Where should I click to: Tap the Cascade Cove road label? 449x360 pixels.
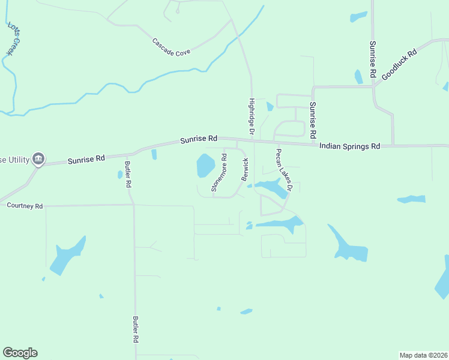click(171, 47)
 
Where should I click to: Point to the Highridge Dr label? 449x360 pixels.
click(252, 116)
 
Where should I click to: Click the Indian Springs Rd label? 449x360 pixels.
click(350, 146)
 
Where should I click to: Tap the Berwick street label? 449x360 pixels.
click(245, 170)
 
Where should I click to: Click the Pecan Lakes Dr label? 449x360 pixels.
click(283, 170)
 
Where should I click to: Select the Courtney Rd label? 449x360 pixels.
click(25, 206)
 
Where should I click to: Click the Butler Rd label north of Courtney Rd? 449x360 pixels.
click(127, 175)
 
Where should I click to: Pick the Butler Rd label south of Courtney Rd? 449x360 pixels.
click(136, 329)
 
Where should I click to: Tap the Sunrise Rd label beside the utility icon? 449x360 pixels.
click(86, 160)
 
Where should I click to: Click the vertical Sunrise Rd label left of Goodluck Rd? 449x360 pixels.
click(372, 60)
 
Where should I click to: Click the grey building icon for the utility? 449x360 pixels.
click(38, 158)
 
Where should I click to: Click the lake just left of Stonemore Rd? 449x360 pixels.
click(205, 164)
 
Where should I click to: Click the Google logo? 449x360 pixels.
click(20, 353)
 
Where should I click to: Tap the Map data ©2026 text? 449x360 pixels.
click(423, 355)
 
